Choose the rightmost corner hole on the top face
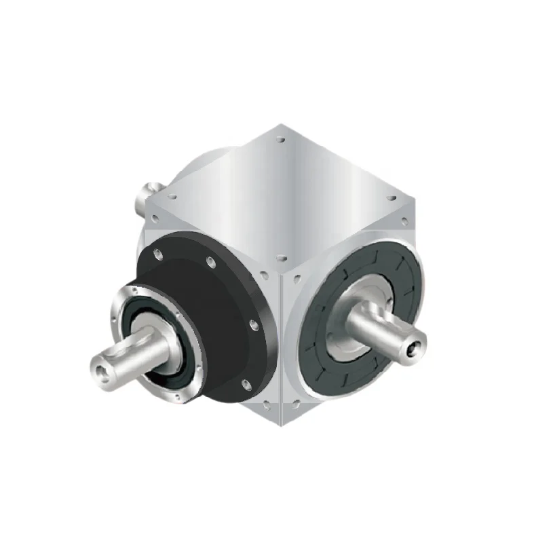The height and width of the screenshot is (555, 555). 390,198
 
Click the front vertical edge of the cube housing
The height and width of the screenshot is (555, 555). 280,339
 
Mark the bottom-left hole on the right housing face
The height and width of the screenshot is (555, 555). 296,406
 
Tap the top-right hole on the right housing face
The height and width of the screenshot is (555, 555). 406,221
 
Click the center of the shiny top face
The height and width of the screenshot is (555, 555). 280,197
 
